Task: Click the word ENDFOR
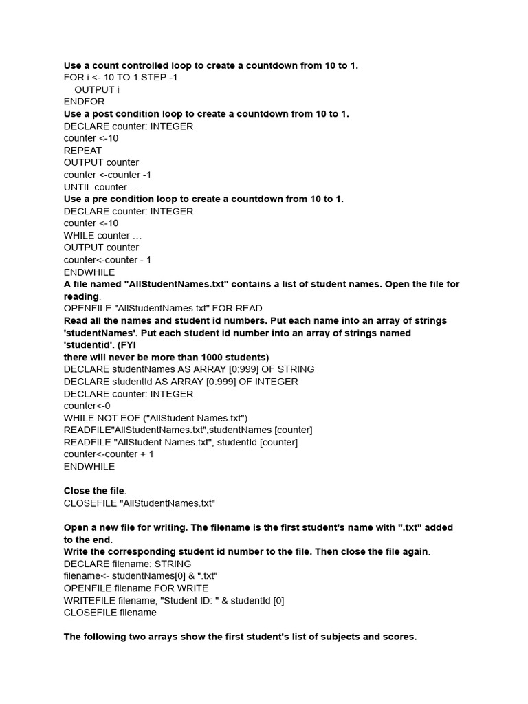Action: [x=84, y=102]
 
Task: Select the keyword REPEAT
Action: [x=82, y=151]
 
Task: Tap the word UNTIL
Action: [x=78, y=187]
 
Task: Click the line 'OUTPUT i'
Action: [x=96, y=90]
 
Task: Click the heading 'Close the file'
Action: [x=94, y=491]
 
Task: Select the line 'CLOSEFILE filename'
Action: [x=110, y=613]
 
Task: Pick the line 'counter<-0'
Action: [x=87, y=406]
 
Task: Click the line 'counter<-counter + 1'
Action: [x=109, y=454]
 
